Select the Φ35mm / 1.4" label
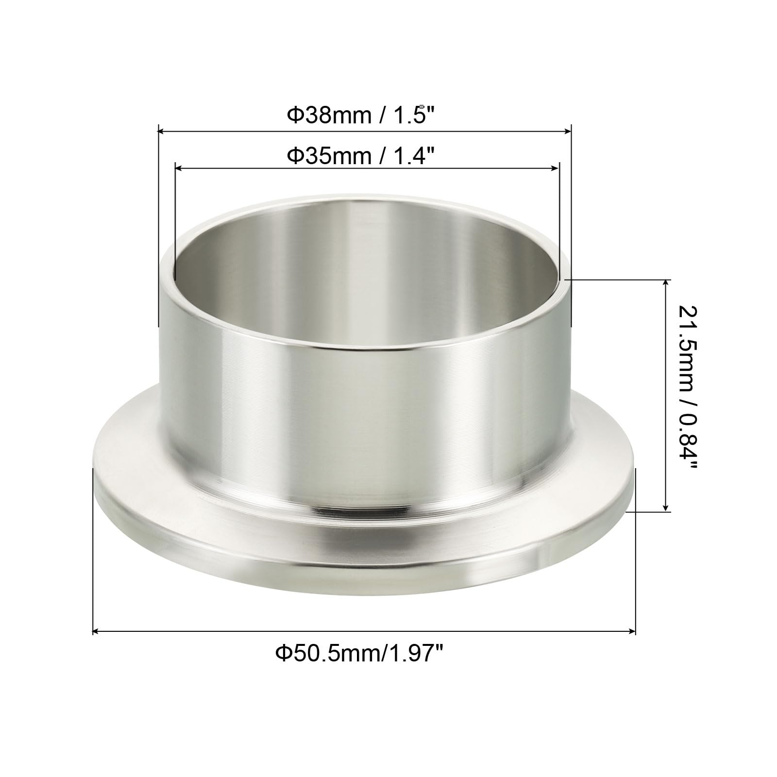click(360, 156)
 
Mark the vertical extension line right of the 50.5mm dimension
click(635, 549)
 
